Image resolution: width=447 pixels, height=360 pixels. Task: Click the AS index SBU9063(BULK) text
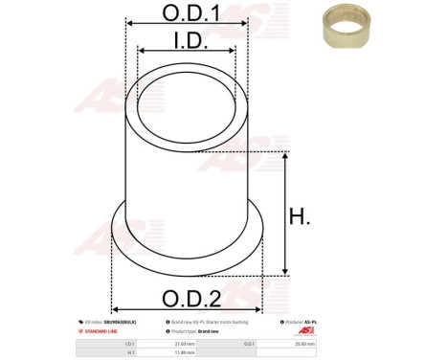click(109, 322)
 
